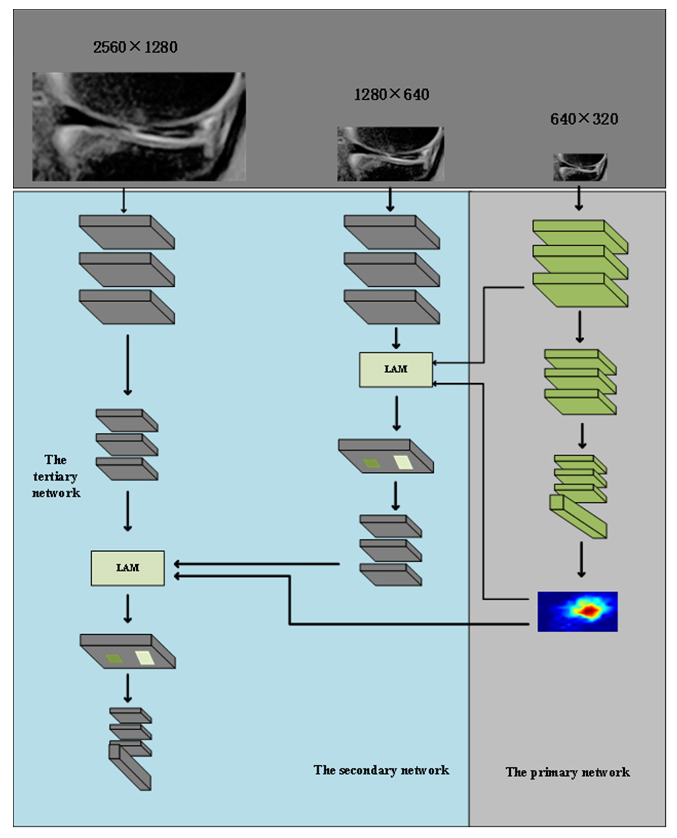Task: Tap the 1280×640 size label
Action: [x=391, y=94]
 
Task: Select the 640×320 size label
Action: [x=584, y=119]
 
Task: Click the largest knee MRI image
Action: [x=139, y=126]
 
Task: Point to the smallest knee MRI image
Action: [x=580, y=167]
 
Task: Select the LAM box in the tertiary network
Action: [x=127, y=568]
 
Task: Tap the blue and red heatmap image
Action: [x=577, y=611]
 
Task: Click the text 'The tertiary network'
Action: [x=56, y=476]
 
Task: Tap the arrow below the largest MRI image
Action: [x=124, y=200]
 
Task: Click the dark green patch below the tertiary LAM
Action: [x=114, y=659]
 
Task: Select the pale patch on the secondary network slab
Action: [x=403, y=463]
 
